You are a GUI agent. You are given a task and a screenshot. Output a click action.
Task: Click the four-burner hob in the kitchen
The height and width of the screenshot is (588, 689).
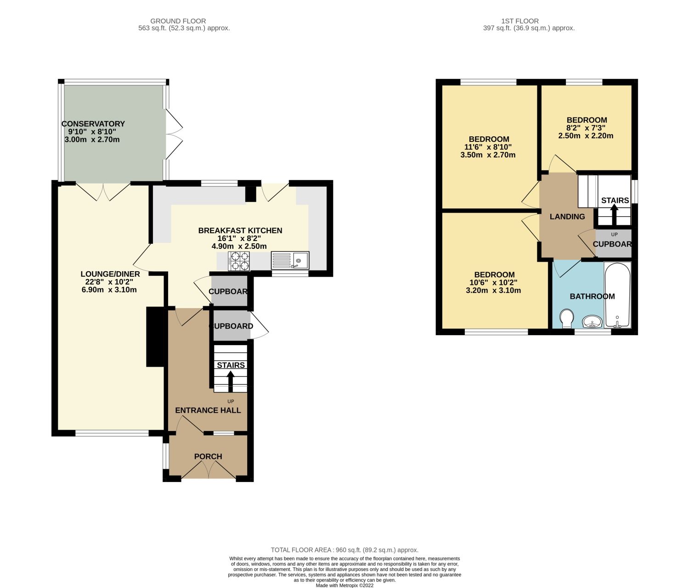(239, 261)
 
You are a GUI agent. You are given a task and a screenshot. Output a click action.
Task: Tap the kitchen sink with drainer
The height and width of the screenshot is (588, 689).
(290, 260)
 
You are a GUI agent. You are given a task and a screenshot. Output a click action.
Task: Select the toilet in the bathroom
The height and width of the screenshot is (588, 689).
(567, 318)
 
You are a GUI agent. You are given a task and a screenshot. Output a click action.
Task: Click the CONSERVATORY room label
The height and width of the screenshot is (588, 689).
(93, 124)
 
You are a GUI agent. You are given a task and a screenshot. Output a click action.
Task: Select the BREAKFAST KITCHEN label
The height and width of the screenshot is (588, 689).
(240, 230)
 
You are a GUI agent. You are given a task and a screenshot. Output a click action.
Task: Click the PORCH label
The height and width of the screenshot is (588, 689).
(208, 456)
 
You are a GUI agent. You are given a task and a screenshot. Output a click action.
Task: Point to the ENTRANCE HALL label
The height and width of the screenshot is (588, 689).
(208, 410)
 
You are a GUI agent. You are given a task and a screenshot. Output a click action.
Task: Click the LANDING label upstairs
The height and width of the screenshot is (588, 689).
(567, 217)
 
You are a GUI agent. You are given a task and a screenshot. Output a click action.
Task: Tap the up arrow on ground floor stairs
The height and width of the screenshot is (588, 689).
(231, 381)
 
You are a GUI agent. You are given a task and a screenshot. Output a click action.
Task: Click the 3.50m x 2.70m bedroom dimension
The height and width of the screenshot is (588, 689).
(488, 155)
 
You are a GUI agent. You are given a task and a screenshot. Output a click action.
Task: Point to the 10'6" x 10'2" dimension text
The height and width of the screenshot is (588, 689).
(494, 283)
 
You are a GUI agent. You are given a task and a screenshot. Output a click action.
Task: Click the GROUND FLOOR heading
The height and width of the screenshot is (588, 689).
(178, 21)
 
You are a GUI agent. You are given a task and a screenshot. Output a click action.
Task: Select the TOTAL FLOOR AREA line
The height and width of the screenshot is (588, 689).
(344, 550)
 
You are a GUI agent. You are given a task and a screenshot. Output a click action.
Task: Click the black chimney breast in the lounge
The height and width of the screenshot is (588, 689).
(155, 336)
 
